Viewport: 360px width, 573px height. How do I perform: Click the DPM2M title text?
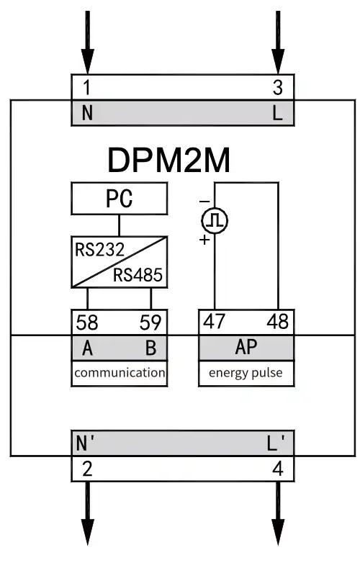pos(169,160)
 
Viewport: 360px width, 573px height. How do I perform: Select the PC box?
pos(119,199)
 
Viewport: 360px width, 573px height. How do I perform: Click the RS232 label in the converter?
pos(99,250)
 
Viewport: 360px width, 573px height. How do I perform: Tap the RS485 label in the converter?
pos(138,275)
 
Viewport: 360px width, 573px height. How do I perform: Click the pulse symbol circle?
pos(215,220)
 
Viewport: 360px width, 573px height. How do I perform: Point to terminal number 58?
pos(87,322)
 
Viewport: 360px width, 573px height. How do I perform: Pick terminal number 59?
pos(150,322)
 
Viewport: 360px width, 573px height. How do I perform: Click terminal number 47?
pos(214,322)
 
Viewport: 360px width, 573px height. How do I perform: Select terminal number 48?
pos(277,322)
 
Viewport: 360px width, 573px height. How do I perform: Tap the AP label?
pos(246,347)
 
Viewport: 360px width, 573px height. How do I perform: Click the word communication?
pos(120,373)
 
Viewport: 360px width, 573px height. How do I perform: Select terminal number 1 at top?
pos(86,87)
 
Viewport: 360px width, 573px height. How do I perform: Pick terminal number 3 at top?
pos(278,88)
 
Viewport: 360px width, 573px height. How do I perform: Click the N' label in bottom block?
pos(85,443)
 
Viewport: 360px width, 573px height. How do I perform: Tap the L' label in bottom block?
pos(275,443)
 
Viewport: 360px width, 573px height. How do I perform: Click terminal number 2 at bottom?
pos(87,469)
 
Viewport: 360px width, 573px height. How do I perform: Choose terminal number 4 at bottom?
pos(278,469)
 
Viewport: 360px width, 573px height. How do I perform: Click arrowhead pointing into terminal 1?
pos(88,61)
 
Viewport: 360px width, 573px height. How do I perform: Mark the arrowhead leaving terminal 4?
pos(278,532)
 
